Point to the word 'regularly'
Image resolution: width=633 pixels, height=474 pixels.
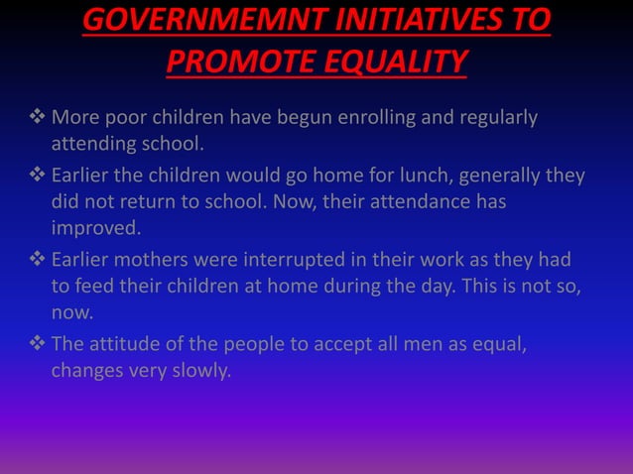click(x=497, y=119)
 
